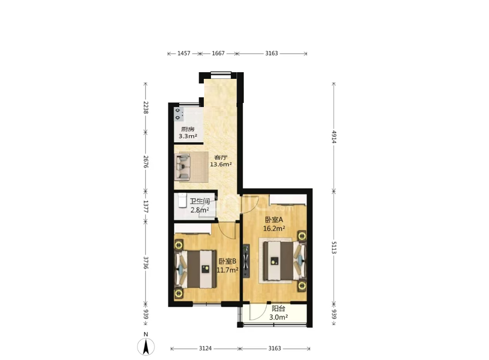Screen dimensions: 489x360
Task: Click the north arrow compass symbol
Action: (x=146, y=346)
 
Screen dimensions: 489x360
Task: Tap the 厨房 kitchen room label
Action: (x=188, y=129)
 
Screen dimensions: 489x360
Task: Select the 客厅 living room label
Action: (x=221, y=157)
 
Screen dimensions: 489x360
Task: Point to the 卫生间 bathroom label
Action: (x=200, y=202)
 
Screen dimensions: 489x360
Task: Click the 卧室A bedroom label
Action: (x=274, y=220)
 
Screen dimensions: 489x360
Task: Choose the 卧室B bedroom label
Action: (x=227, y=261)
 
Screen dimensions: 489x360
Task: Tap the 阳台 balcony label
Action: (x=279, y=309)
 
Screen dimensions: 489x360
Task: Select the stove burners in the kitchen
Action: (x=178, y=114)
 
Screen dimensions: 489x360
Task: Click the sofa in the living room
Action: (x=183, y=167)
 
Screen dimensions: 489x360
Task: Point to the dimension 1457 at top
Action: (x=184, y=53)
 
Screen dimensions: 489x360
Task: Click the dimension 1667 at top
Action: (x=218, y=53)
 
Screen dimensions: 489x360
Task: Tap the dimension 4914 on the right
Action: (x=334, y=137)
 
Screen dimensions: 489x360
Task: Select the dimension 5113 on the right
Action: (x=334, y=247)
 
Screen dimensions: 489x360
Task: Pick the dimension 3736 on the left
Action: (x=145, y=263)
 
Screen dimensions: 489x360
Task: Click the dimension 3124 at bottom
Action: (x=205, y=348)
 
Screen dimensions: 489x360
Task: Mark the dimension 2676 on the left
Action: (x=145, y=162)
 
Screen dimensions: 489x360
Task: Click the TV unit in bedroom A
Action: (x=246, y=261)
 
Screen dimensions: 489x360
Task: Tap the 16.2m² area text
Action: (x=274, y=228)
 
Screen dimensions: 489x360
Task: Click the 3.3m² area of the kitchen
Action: (x=188, y=136)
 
